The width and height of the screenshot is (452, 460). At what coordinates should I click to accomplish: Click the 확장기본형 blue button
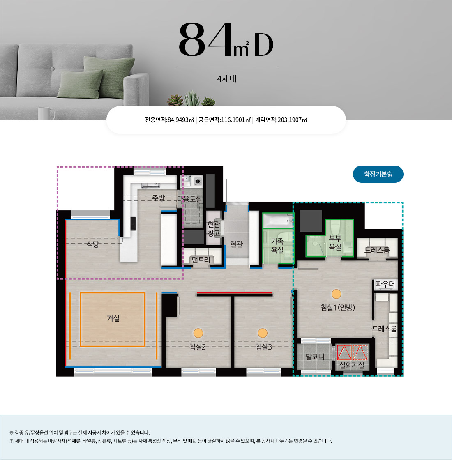378,174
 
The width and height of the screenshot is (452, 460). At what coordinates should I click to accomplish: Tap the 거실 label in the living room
113,318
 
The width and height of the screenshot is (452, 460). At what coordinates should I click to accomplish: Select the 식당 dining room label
93,244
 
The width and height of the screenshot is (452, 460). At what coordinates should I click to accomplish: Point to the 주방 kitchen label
159,198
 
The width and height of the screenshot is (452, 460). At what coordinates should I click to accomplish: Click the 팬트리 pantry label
201,259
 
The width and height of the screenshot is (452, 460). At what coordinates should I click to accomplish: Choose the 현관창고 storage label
214,228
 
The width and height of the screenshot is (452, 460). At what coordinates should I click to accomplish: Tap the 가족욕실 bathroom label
277,246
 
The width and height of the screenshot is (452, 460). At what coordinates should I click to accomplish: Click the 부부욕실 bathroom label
335,242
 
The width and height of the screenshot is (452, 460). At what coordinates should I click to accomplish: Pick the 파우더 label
385,284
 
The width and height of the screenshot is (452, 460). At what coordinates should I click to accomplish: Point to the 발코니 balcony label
315,356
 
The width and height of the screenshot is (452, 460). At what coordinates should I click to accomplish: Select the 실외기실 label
352,365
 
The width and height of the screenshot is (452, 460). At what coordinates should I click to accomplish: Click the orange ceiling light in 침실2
198,333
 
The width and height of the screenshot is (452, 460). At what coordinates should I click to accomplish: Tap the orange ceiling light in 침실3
263,333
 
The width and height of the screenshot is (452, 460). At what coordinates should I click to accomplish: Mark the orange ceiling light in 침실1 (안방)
337,294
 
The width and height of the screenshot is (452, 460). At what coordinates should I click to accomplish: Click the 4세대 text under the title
227,78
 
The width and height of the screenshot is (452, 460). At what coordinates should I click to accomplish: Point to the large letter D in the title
263,45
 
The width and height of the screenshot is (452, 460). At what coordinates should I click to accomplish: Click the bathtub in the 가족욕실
278,220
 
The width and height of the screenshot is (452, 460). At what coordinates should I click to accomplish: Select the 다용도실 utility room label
189,199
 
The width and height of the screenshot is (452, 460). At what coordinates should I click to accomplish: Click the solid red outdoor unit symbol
344,353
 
